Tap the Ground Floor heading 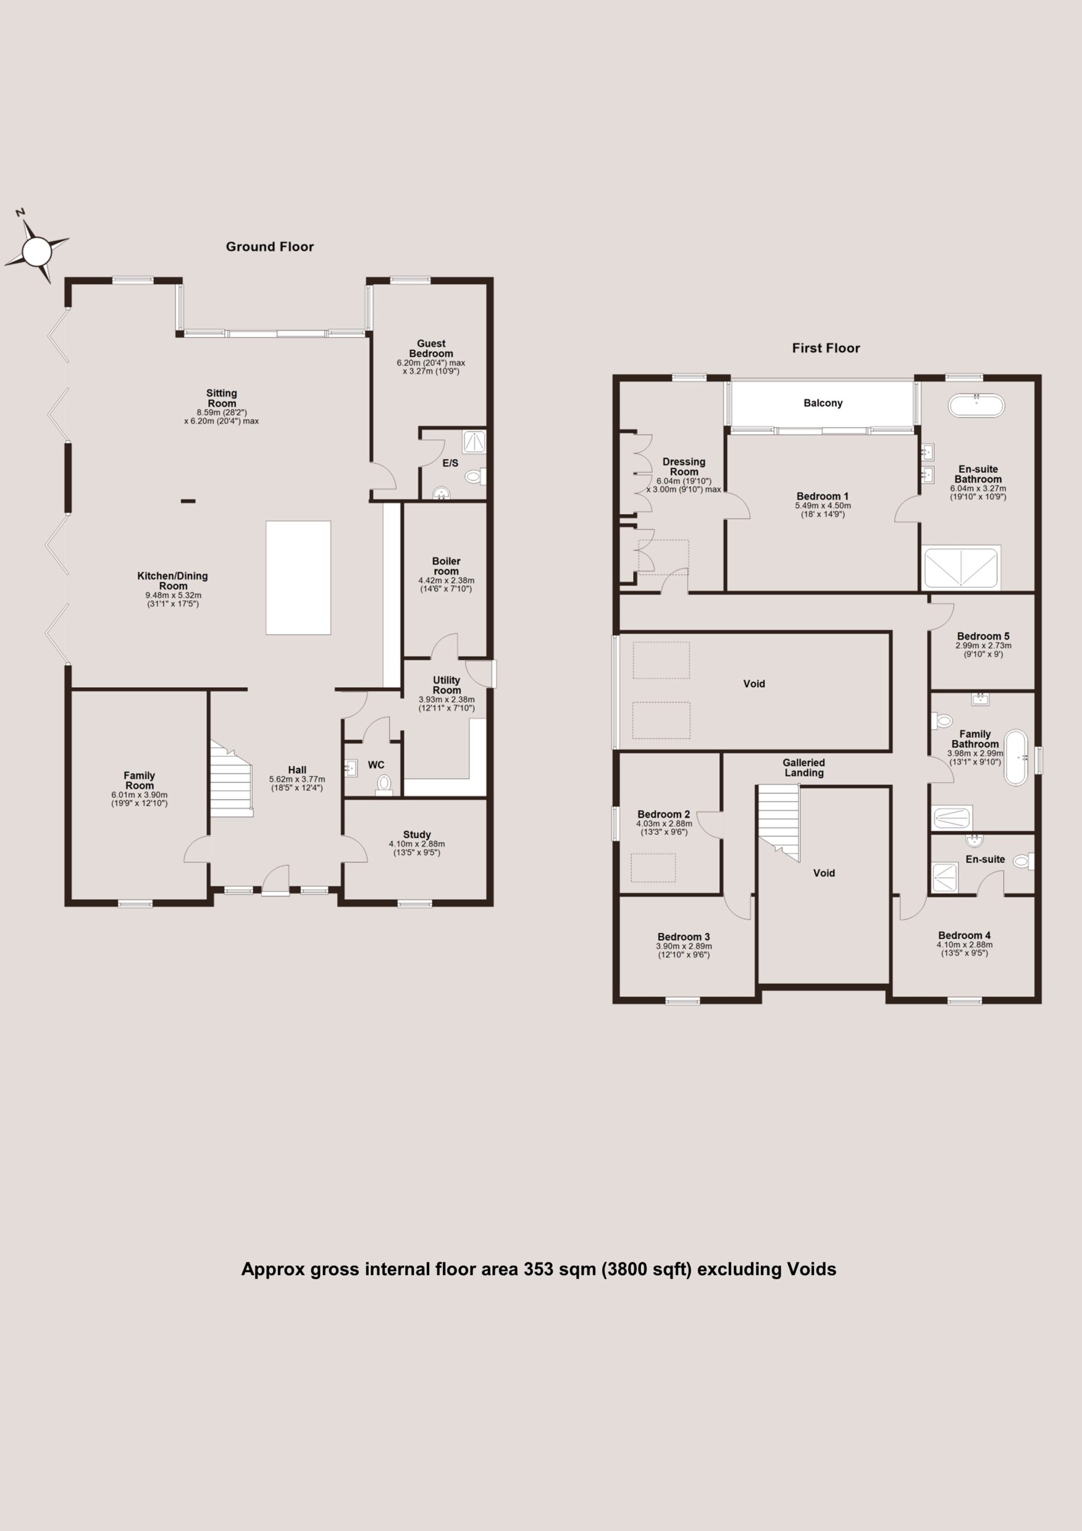click(x=270, y=247)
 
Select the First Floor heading click(x=826, y=348)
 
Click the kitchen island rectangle click(x=298, y=578)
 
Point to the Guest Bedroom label click(x=432, y=349)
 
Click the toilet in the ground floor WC click(x=383, y=784)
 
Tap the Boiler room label click(x=446, y=566)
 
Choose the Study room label click(x=417, y=834)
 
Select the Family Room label click(x=139, y=780)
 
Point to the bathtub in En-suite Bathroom click(x=976, y=405)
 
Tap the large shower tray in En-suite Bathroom click(x=961, y=568)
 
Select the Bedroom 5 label click(x=983, y=636)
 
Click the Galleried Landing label click(x=803, y=767)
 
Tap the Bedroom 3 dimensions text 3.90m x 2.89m click(x=684, y=946)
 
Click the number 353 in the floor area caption click(x=537, y=1269)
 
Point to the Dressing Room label click(x=684, y=466)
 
